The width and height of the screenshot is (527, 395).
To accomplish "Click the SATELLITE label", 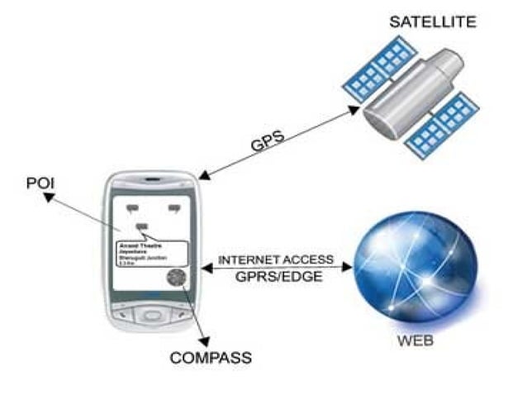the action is point(433,21).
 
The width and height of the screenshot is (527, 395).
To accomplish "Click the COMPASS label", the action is point(211,358).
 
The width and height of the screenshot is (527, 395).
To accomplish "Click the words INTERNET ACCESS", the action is point(276,259).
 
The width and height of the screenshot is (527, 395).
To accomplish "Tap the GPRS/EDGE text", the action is point(276,278).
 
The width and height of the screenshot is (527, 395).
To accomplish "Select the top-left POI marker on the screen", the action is point(133,206).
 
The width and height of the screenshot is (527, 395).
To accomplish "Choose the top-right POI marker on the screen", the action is point(174,207).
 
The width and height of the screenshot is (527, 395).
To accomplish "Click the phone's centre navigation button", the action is point(152,315).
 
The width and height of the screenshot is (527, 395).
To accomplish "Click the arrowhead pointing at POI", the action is point(49,197).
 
